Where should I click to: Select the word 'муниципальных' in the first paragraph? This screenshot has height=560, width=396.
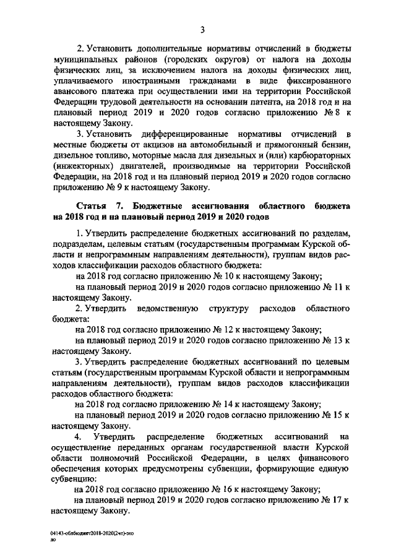pyautogui.click(x=84, y=59)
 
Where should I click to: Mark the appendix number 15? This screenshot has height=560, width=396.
pyautogui.click(x=337, y=415)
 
